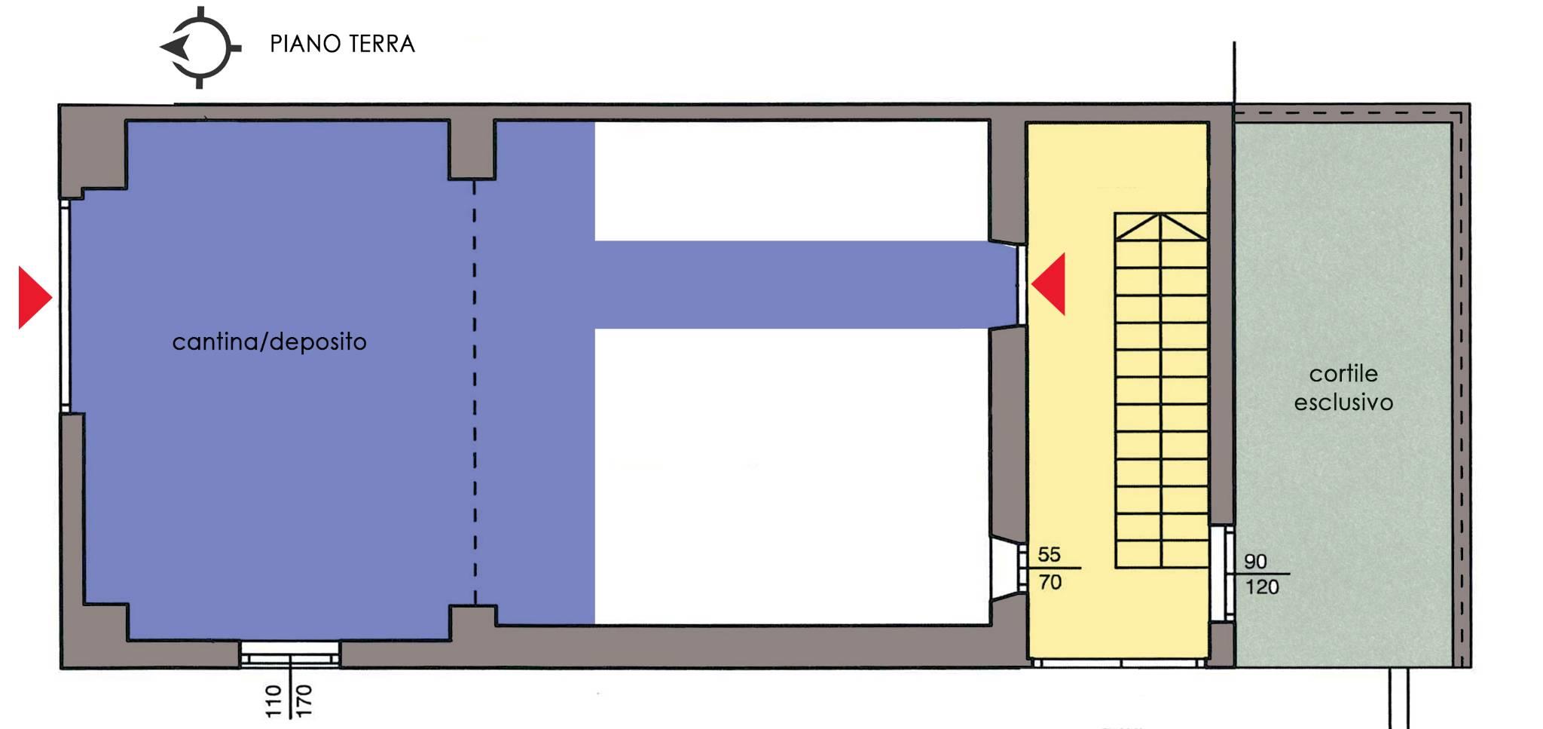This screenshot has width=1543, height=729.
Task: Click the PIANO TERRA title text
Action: click(342, 44)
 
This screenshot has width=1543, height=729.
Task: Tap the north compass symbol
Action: click(200, 47)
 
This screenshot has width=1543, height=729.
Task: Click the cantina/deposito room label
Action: click(269, 342)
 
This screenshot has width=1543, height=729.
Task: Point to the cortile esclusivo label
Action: click(1343, 387)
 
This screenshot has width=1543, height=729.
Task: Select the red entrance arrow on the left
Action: click(35, 297)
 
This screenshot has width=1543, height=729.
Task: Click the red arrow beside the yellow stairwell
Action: click(1048, 284)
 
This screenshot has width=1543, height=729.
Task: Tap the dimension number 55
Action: click(1049, 555)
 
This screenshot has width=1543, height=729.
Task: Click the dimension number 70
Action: click(1050, 582)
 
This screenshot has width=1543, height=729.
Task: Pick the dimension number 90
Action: click(1255, 562)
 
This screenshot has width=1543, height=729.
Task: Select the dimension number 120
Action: click(1262, 587)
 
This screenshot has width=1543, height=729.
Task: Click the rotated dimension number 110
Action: click(273, 701)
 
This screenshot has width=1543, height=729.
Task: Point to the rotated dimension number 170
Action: click(304, 701)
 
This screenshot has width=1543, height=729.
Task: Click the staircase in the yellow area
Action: click(1161, 391)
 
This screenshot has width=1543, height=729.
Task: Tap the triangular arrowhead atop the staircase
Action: click(1161, 227)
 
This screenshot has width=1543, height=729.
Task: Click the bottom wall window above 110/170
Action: click(290, 654)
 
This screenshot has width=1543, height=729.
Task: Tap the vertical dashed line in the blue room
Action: click(475, 392)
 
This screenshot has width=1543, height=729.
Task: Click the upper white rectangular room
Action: click(791, 181)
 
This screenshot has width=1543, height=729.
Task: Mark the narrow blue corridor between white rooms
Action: click(806, 285)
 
